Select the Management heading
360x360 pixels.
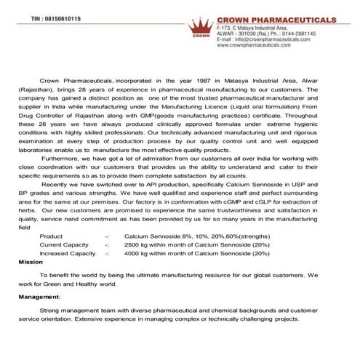tap(40, 297)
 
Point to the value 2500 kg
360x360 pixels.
tap(139, 245)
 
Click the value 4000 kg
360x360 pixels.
tap(139, 253)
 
